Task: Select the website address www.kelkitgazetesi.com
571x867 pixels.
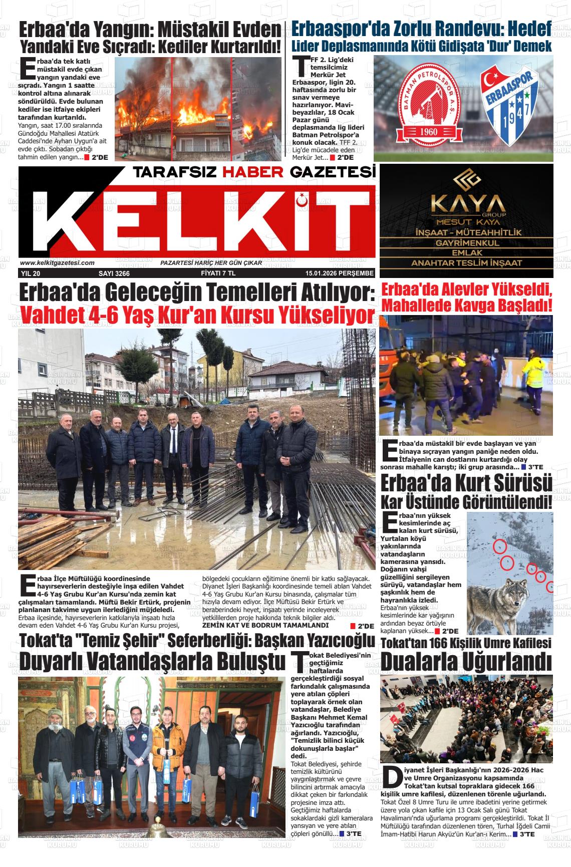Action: coord(57,263)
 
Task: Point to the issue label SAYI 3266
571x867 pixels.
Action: coord(114,273)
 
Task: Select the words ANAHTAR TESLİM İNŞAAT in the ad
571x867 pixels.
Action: coord(467,263)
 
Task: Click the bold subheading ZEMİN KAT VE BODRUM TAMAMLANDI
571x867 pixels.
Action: coord(265,625)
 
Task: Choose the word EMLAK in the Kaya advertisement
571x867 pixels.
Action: coord(467,253)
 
